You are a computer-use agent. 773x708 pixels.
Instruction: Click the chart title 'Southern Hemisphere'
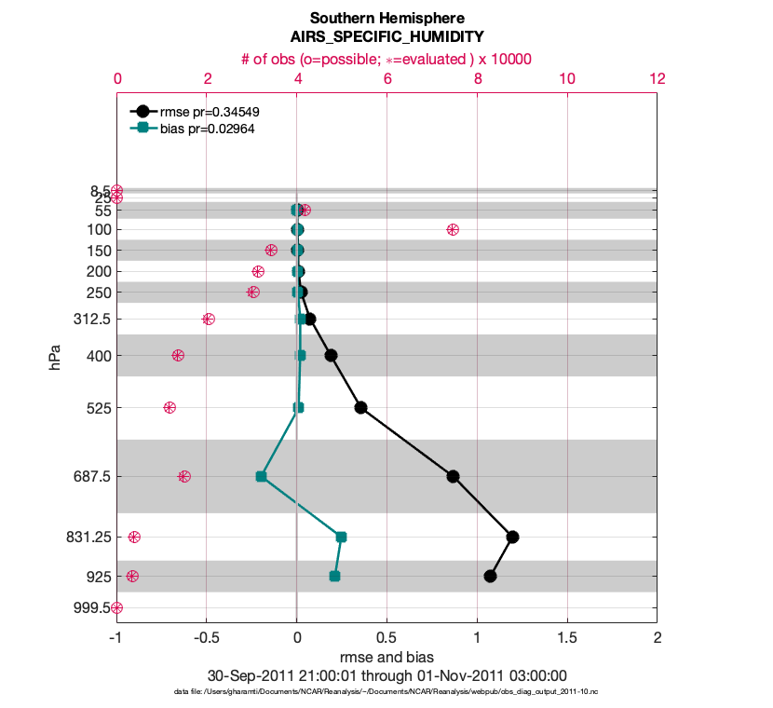[386, 18]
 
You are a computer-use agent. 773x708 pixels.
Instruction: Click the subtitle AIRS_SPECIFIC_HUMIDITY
[386, 37]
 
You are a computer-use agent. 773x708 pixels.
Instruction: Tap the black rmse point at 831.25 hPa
[512, 537]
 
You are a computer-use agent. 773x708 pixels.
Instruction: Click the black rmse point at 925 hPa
[491, 576]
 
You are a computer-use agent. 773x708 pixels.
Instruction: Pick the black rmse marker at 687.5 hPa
[453, 476]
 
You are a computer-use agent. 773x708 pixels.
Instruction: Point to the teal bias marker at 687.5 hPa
[261, 476]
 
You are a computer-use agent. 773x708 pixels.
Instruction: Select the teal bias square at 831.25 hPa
[341, 537]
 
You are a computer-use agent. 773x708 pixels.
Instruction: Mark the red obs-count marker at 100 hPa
[453, 229]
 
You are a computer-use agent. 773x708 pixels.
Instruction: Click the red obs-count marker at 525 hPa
[170, 407]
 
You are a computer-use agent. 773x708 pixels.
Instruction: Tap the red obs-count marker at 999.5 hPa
[116, 607]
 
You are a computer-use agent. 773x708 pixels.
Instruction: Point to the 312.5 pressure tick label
[93, 320]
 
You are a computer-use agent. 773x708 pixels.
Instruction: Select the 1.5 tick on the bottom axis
[567, 638]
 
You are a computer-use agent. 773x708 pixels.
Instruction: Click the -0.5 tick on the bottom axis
[206, 638]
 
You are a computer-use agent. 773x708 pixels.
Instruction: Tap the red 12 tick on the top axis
[658, 79]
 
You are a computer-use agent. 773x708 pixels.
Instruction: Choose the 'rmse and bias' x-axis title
[386, 658]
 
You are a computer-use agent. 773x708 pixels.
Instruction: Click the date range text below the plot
[386, 675]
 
